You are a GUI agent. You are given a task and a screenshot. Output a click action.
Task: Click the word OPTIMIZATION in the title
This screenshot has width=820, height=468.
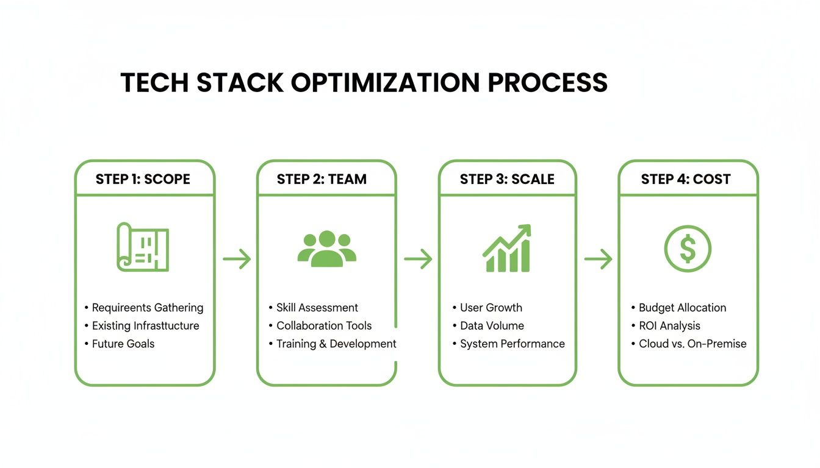385,83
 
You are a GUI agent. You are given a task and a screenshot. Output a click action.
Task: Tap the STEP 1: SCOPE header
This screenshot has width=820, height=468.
143,179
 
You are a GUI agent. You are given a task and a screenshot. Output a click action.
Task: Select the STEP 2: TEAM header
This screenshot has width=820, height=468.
322,179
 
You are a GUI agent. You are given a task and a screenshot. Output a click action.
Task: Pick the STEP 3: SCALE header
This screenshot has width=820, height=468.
507,179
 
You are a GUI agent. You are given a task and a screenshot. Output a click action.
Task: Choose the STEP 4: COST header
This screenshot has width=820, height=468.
686,179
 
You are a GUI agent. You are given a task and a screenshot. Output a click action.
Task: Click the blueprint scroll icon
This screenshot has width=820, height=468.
143,247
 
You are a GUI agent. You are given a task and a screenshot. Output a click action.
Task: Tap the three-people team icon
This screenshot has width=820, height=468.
327,249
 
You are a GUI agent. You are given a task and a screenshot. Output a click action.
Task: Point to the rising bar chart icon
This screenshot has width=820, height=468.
507,249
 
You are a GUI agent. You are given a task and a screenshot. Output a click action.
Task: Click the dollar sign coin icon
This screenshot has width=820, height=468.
688,249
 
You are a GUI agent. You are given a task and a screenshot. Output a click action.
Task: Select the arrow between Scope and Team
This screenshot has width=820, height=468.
237,260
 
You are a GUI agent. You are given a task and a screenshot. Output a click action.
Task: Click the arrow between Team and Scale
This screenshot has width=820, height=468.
418,260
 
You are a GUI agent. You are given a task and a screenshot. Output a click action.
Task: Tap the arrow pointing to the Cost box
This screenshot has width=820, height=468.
598,260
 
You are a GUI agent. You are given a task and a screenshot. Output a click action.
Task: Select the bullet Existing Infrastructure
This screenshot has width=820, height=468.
145,325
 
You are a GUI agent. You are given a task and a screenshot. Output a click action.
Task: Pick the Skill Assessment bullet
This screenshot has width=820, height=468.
317,308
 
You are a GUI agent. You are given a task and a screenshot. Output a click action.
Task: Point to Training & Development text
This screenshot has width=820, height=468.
336,344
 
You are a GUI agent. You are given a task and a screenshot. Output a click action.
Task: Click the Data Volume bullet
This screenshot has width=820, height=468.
492,325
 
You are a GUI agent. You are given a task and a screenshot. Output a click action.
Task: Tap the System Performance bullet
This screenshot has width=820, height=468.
512,344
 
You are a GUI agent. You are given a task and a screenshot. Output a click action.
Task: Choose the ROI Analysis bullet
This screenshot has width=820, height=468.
669,325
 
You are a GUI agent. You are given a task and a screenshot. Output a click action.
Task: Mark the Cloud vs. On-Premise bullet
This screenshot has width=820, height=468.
692,344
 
